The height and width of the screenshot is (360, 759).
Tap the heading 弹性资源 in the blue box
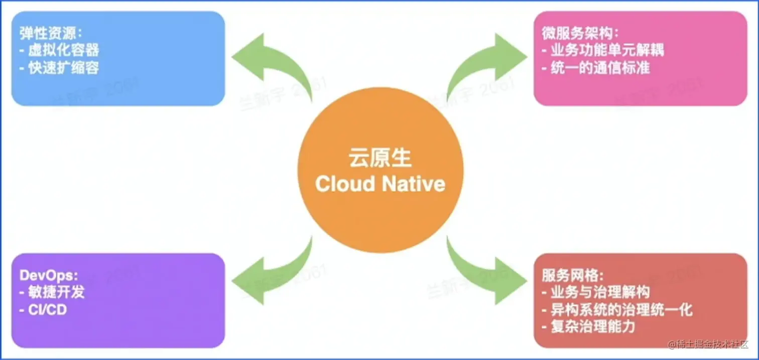(51, 33)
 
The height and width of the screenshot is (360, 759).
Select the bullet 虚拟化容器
(59, 50)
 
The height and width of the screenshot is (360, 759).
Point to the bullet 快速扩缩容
(59, 66)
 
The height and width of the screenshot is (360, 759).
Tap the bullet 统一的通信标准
(595, 66)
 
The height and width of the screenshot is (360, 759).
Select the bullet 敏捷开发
(52, 292)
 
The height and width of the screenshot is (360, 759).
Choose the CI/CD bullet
(43, 309)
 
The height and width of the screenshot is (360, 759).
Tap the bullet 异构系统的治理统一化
(617, 309)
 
